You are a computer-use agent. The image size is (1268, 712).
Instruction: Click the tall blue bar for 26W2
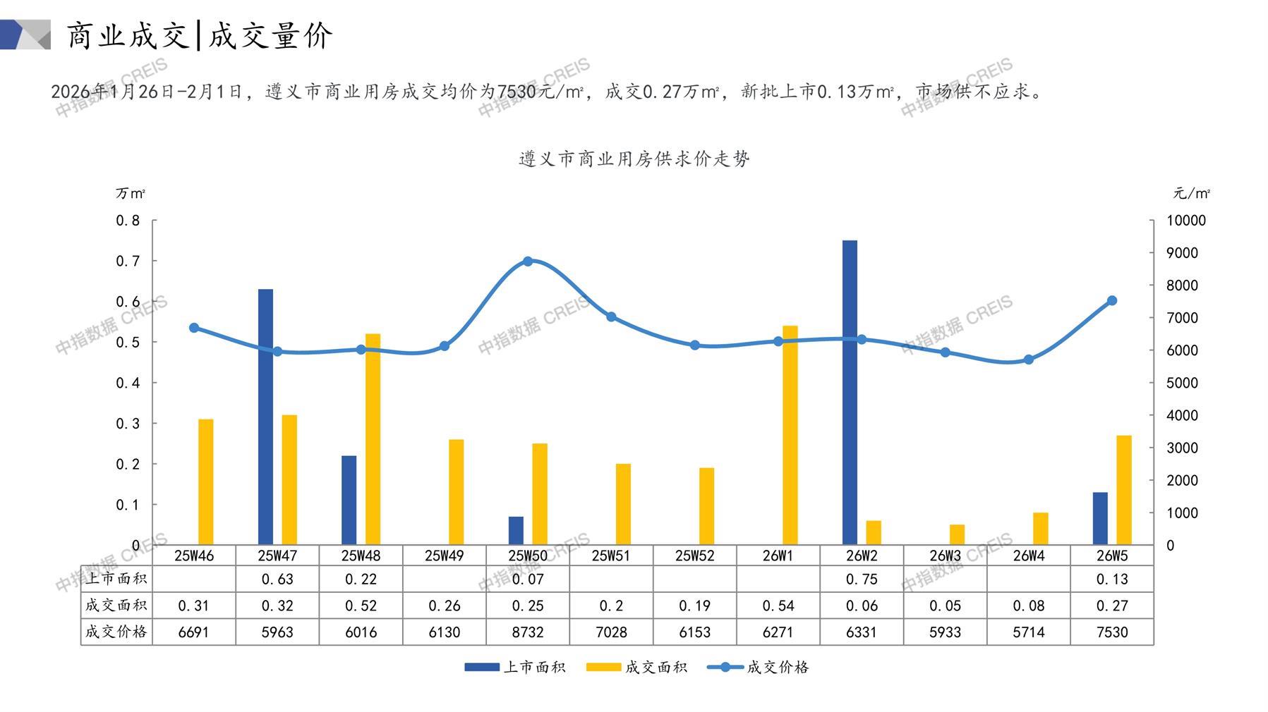coord(850,393)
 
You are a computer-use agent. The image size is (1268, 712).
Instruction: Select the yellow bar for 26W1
coord(790,435)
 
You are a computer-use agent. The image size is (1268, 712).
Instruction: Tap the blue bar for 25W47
coord(265,417)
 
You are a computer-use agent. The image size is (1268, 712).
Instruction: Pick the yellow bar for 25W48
coord(373,439)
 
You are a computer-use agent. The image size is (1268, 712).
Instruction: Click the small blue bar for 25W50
coord(516,531)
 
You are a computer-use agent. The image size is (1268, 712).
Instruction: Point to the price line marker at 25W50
coord(528,262)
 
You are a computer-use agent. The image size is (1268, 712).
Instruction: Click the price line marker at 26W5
coord(1112,300)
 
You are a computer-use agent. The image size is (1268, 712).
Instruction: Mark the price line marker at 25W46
coord(194,328)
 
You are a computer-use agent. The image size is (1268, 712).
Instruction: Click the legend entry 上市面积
coord(515,667)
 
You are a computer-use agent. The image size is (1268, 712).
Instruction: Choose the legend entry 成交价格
coord(759,667)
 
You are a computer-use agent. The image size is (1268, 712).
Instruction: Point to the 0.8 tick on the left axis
coord(128,221)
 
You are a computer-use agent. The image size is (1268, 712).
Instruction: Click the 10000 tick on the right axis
coord(1186,221)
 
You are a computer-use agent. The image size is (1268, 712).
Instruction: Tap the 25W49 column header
coord(444,556)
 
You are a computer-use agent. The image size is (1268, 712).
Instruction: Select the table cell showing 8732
coord(528,632)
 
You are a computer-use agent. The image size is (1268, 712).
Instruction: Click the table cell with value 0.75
coord(862,579)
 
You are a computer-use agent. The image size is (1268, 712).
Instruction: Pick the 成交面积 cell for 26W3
coord(945,606)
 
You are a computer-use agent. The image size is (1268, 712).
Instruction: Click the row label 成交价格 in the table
coord(116,632)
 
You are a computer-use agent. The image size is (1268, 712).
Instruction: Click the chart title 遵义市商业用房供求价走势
coord(634,159)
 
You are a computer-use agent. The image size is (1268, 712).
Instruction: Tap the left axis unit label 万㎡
coord(131,193)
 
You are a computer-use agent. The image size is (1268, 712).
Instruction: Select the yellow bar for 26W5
coord(1124,490)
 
